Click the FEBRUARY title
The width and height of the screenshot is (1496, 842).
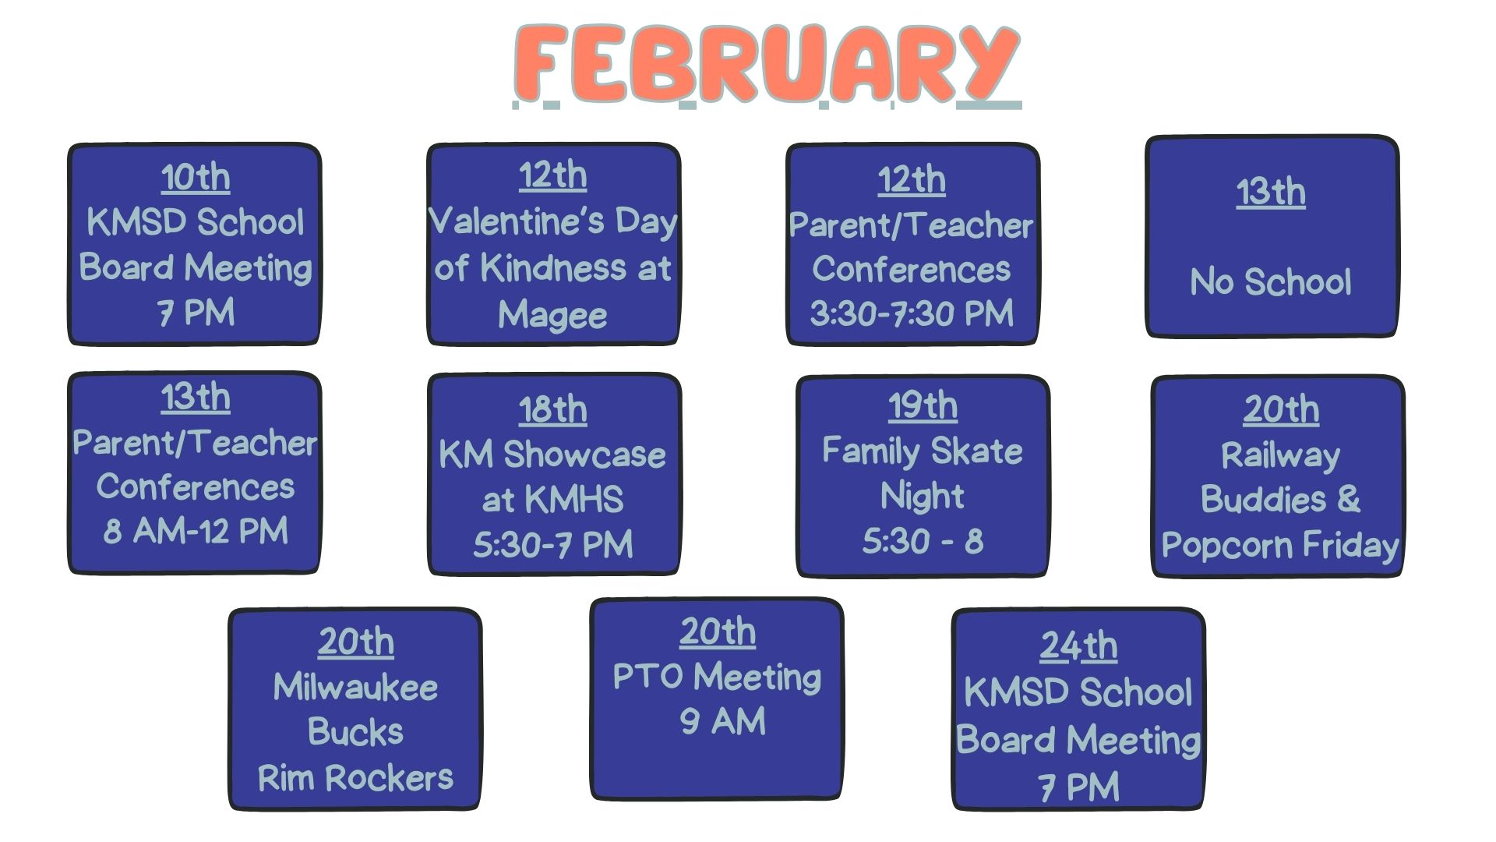click(767, 64)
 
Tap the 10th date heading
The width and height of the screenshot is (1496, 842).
click(196, 177)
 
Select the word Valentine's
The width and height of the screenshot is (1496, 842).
click(517, 221)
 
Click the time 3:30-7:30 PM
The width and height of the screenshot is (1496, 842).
click(912, 313)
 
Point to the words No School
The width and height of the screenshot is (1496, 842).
click(1271, 281)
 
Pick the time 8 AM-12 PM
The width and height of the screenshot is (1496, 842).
click(196, 531)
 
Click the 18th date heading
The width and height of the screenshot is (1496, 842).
click(553, 409)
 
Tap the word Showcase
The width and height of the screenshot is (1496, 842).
click(584, 455)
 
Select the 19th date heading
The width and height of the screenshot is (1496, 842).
click(923, 405)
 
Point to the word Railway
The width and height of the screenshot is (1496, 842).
click(1281, 456)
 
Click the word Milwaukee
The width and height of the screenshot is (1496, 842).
click(355, 688)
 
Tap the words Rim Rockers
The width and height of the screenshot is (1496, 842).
click(355, 777)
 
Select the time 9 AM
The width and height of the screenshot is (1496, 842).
click(722, 721)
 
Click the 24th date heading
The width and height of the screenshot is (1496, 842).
click(1078, 646)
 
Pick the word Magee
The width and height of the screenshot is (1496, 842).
click(552, 315)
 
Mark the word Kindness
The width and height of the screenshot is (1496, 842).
click(553, 268)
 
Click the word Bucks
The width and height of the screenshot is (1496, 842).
click(355, 732)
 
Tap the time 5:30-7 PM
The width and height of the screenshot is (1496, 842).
click(553, 544)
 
